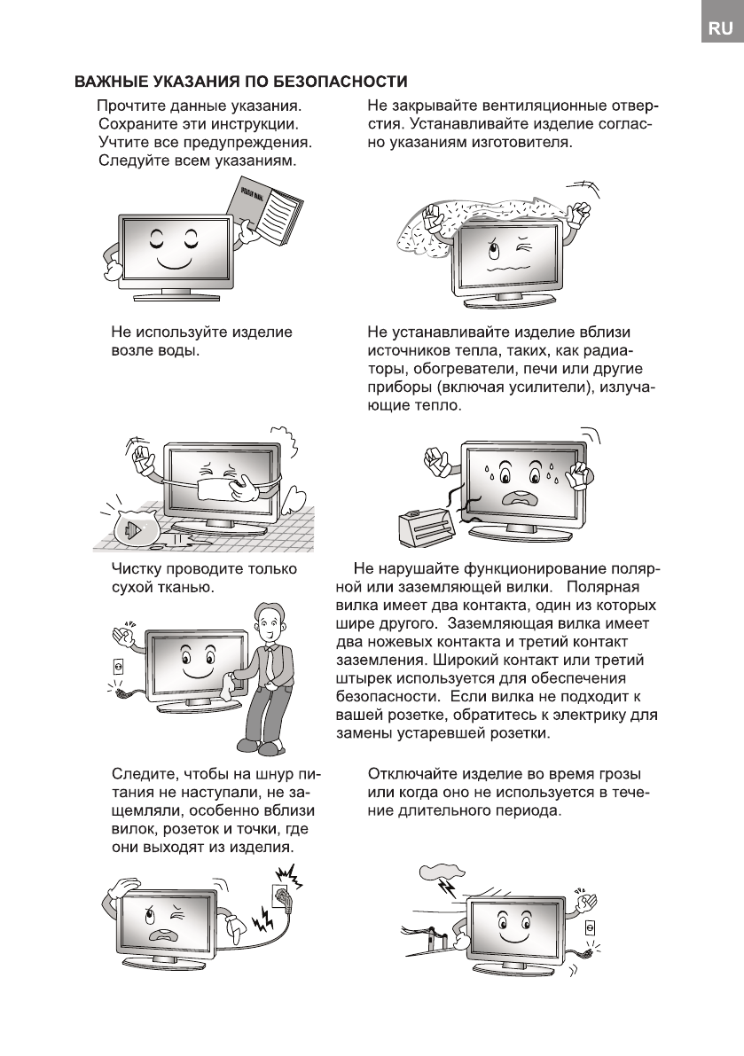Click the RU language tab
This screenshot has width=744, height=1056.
click(x=719, y=30)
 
